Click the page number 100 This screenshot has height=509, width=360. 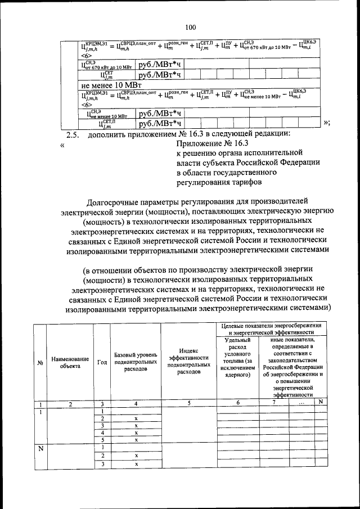tap(190, 27)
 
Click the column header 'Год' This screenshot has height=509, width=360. tap(102, 362)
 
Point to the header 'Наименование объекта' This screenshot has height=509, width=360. tap(70, 362)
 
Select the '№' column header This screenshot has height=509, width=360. tap(40, 363)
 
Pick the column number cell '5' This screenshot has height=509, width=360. tap(189, 403)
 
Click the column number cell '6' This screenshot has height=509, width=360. tap(238, 403)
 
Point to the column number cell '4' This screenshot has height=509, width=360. tap(136, 403)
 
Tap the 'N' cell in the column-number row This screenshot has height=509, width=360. tap(320, 403)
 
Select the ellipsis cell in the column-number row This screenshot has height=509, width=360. tap(301, 403)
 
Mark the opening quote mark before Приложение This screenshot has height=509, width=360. tap(62, 145)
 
